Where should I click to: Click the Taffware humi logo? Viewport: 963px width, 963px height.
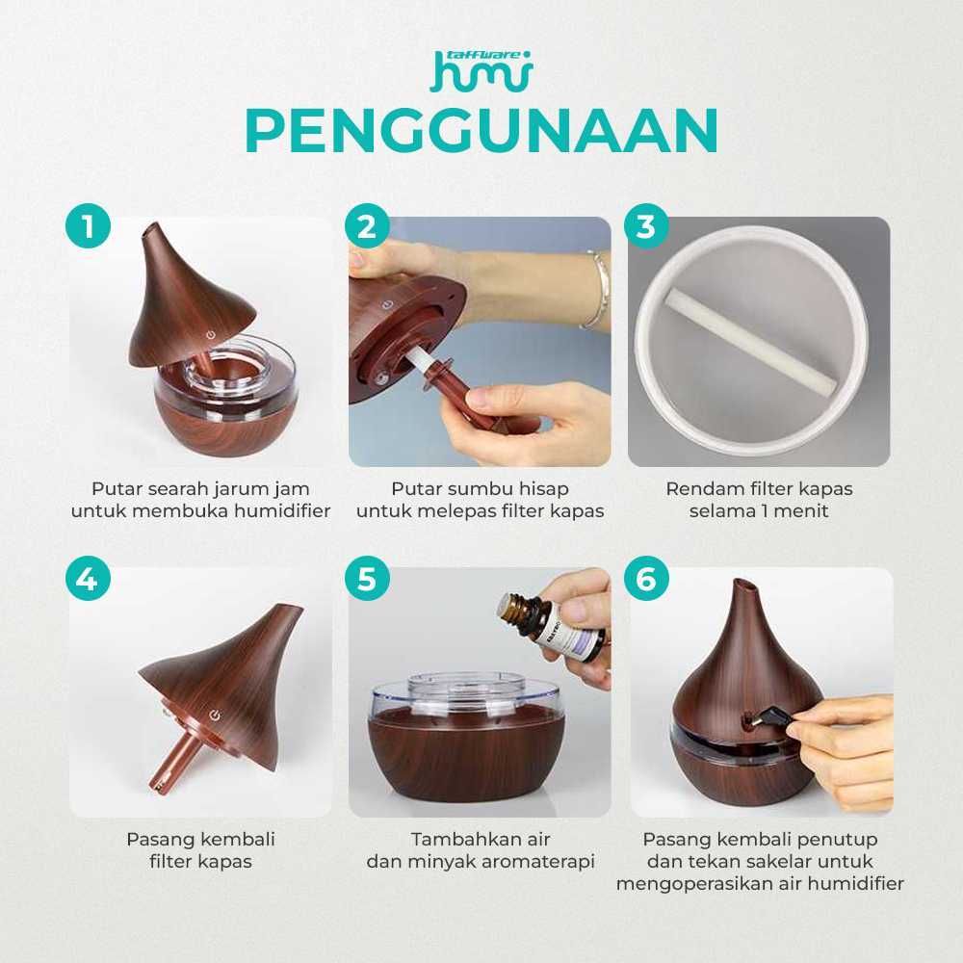pyautogui.click(x=481, y=70)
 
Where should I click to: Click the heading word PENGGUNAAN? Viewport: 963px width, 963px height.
pyautogui.click(x=481, y=131)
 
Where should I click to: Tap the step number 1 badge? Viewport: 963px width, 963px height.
pyautogui.click(x=88, y=225)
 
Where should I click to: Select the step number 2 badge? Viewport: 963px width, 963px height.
pyautogui.click(x=367, y=225)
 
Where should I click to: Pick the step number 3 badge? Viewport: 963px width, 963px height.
pyautogui.click(x=646, y=225)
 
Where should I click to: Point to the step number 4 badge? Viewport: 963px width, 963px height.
pyautogui.click(x=88, y=578)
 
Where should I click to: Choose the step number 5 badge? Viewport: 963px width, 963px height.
pyautogui.click(x=367, y=578)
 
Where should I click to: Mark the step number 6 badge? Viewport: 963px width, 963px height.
pyautogui.click(x=646, y=578)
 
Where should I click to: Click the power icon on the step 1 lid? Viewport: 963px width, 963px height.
pyautogui.click(x=211, y=335)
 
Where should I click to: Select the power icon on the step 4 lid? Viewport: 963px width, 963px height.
pyautogui.click(x=215, y=715)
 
